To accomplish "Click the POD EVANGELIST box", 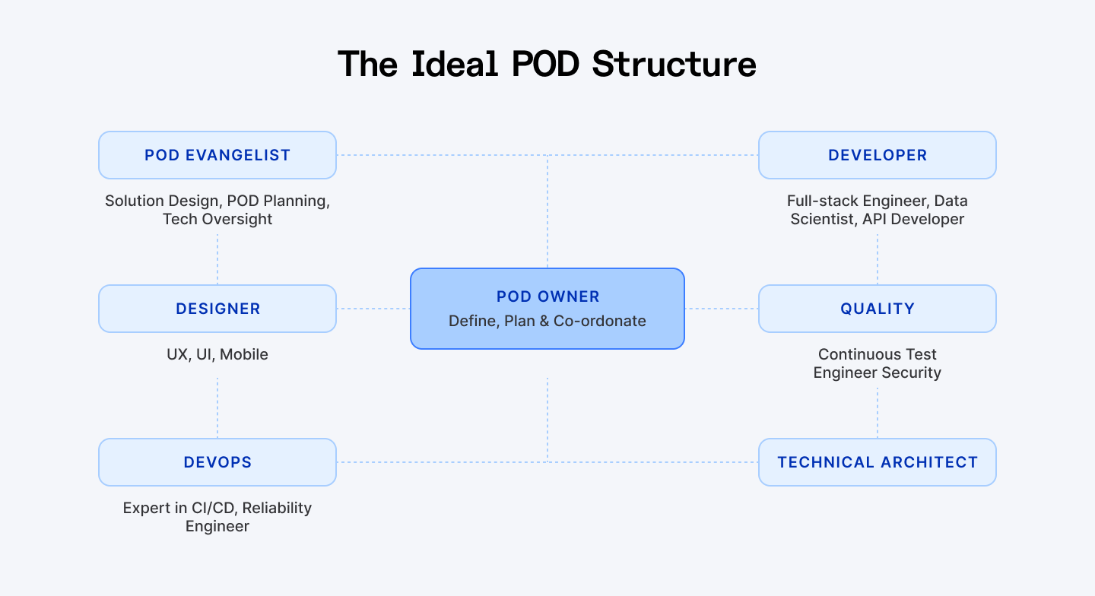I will click(x=217, y=155).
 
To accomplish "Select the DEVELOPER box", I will click(x=877, y=155).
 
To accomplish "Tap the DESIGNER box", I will click(x=217, y=309).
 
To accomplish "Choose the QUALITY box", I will click(x=877, y=309).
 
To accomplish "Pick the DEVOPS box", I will click(x=217, y=462).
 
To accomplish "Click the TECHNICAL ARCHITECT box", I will click(x=877, y=462).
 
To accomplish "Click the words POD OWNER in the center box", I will click(x=547, y=296).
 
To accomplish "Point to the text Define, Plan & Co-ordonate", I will click(x=547, y=321).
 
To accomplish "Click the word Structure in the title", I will click(x=674, y=64).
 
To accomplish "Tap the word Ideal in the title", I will click(x=455, y=64).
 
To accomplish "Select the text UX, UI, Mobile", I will click(x=217, y=354).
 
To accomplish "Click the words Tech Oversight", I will click(x=217, y=219).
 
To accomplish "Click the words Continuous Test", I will click(x=877, y=354).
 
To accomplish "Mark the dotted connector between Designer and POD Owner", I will click(x=373, y=309).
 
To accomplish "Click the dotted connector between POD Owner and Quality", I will click(x=722, y=309).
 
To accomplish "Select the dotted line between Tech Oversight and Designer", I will click(x=217, y=258).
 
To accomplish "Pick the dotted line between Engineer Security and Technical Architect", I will click(x=878, y=412).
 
